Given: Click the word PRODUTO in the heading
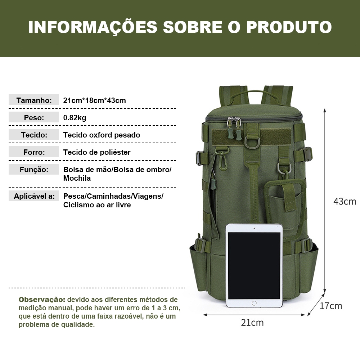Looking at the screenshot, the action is pyautogui.click(x=289, y=27).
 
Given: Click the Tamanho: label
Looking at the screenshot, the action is pyautogui.click(x=34, y=100).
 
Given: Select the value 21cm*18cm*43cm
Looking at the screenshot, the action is pyautogui.click(x=95, y=100).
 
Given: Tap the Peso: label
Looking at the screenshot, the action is pyautogui.click(x=34, y=118).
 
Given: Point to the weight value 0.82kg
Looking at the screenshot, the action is pyautogui.click(x=75, y=118).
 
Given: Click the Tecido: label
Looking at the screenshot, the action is pyautogui.click(x=34, y=135).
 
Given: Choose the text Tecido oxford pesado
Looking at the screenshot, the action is pyautogui.click(x=102, y=135).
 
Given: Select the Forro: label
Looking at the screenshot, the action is pyautogui.click(x=34, y=152).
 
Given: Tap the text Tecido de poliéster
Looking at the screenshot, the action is pyautogui.click(x=97, y=152).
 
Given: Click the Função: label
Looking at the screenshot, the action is pyautogui.click(x=34, y=170).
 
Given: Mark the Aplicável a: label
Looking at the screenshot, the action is pyautogui.click(x=34, y=196).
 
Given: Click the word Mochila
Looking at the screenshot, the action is pyautogui.click(x=77, y=178).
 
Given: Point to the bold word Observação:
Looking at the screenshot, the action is pyautogui.click(x=42, y=300).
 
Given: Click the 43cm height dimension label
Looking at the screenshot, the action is pyautogui.click(x=345, y=201).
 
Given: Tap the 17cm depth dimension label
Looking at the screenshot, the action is pyautogui.click(x=331, y=306).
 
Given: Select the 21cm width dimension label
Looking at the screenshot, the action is pyautogui.click(x=252, y=323).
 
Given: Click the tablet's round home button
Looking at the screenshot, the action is pyautogui.click(x=254, y=303).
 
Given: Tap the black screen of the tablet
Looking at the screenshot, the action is pyautogui.click(x=254, y=266).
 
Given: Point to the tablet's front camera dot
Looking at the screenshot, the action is pyautogui.click(x=254, y=228).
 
